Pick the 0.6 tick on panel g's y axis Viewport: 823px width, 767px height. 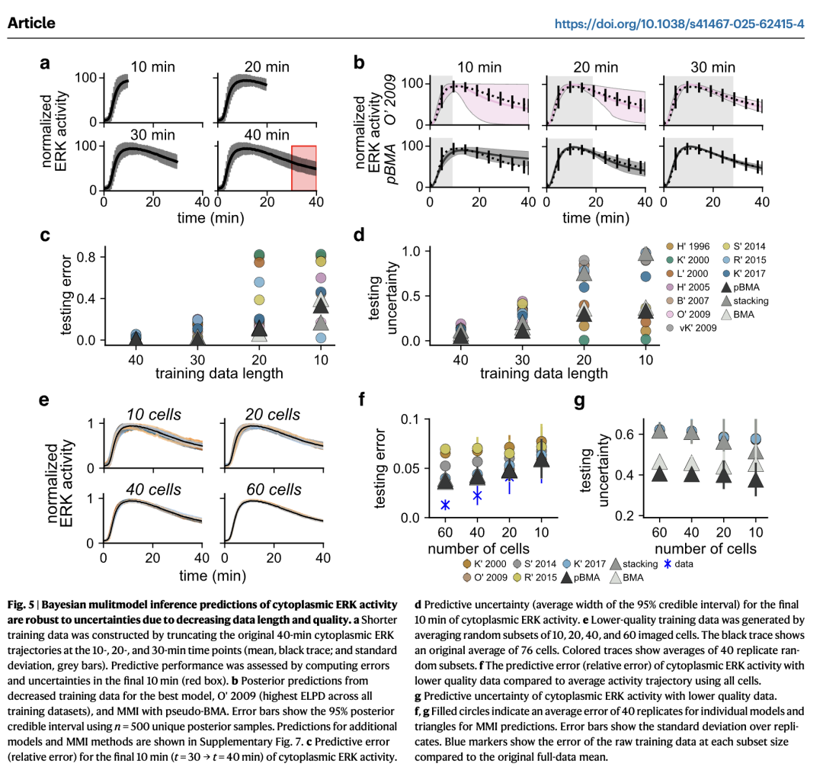[627, 434]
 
